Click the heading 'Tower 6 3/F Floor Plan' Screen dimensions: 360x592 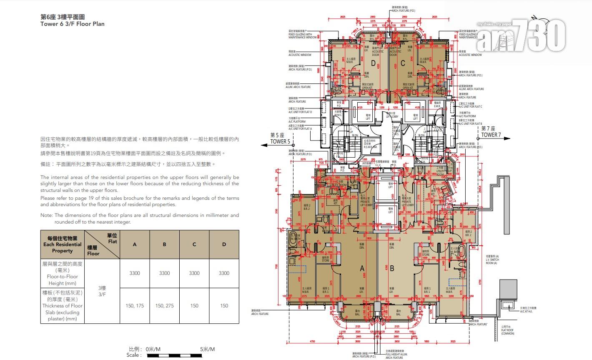point(73,24)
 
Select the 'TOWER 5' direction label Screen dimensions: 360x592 point(280,141)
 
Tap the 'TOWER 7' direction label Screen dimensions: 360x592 point(491,135)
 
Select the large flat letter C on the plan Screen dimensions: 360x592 point(402,63)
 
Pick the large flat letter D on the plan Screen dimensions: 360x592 point(373,63)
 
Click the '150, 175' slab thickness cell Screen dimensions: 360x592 point(134,306)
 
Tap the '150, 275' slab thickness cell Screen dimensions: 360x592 point(164,306)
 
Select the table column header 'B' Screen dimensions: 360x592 point(164,244)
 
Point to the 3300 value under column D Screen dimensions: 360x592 point(224,273)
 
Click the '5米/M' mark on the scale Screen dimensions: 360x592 point(207,349)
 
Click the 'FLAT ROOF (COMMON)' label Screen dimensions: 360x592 point(507,332)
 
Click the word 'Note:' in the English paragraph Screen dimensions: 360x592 point(46,216)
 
